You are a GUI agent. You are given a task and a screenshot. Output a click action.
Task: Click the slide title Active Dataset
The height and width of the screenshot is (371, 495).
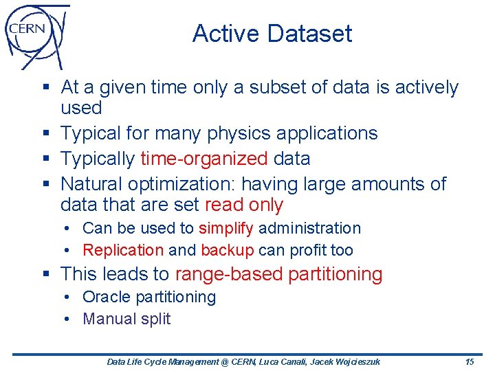tap(272, 34)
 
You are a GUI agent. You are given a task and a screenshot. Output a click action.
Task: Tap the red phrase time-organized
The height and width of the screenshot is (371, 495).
tap(203, 159)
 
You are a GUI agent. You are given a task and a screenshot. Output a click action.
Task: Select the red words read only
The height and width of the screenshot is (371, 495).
tap(243, 205)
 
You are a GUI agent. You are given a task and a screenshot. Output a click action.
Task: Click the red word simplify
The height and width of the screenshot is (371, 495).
tap(226, 228)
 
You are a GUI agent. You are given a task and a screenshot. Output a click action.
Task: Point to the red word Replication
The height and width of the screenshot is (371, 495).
tap(123, 250)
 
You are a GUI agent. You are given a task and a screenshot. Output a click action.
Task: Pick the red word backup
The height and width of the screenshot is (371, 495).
tap(228, 250)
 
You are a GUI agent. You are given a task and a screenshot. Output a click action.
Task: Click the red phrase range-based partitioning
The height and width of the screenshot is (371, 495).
tap(278, 274)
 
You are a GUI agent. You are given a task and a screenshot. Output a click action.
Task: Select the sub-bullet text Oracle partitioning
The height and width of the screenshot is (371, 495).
tap(148, 297)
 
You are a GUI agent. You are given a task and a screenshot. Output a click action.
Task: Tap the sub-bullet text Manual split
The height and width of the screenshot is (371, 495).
tap(126, 319)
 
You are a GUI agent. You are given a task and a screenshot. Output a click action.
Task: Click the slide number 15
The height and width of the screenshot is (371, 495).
tap(470, 361)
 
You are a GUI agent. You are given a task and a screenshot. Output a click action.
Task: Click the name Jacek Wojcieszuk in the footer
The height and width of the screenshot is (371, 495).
tap(345, 361)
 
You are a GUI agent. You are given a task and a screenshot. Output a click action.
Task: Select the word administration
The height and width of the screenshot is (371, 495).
tap(309, 228)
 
